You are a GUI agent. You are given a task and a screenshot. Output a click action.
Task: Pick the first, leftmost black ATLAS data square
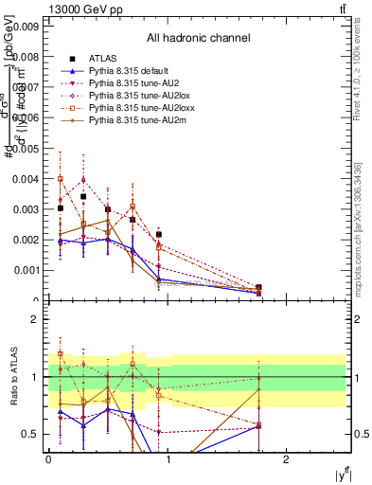point(60,208)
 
